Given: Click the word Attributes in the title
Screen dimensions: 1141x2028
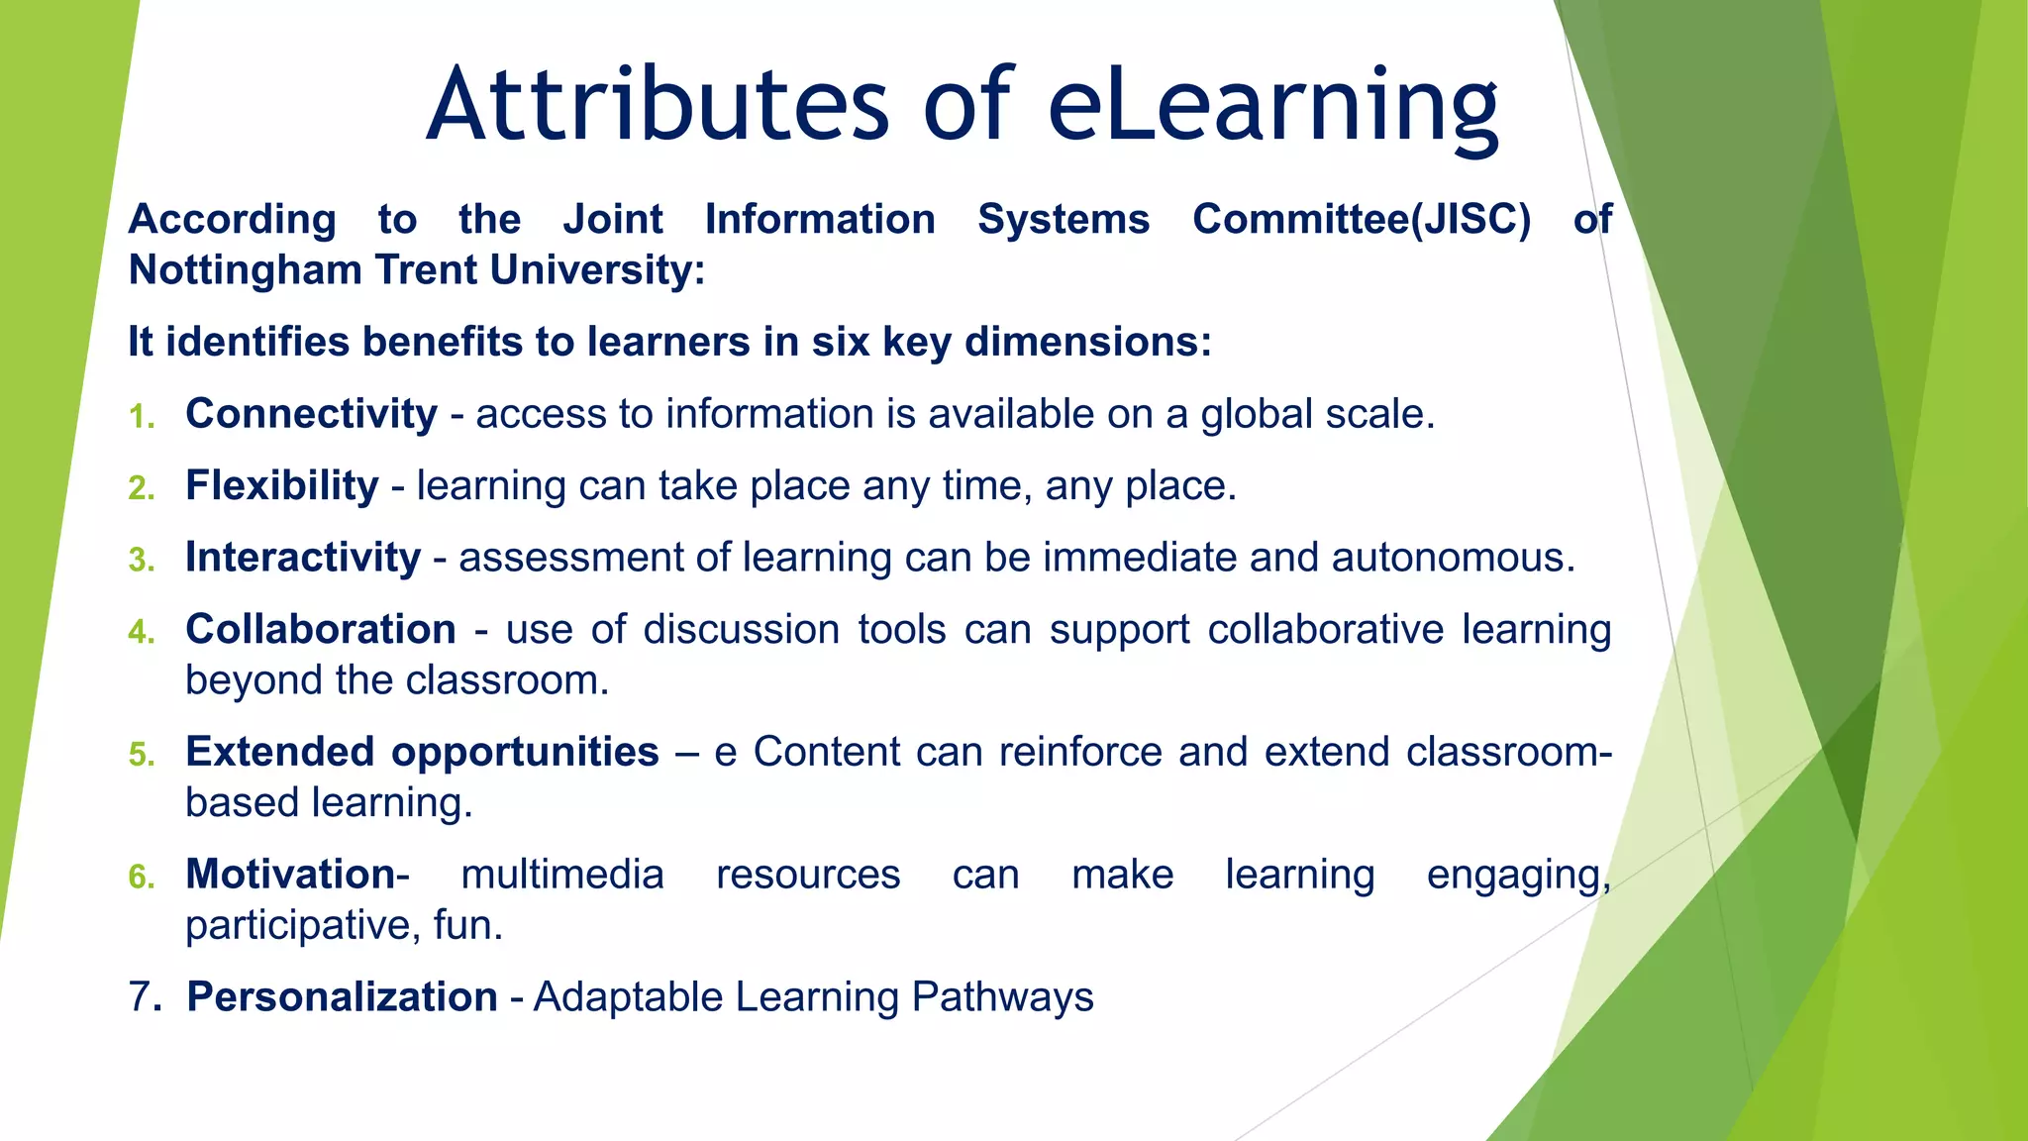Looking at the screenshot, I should (658, 105).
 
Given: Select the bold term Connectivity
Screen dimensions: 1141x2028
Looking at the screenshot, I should (311, 414).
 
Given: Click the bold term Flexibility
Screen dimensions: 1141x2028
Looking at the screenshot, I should (282, 486).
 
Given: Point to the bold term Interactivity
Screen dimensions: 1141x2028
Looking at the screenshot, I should (303, 558).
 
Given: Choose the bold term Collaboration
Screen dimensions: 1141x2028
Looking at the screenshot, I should (321, 630).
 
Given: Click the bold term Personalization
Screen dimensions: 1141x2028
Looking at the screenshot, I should (343, 997).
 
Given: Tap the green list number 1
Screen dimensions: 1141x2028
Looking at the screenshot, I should (142, 417).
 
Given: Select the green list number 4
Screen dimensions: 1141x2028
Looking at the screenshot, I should (142, 632).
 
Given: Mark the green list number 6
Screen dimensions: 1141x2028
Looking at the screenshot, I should (142, 877).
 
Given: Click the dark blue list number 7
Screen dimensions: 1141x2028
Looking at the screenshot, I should (144, 997).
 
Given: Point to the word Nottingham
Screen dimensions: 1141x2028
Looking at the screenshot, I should (245, 270).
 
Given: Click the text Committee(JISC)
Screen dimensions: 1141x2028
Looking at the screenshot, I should (1362, 220).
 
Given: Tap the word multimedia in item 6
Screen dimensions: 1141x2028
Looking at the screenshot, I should (562, 875).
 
